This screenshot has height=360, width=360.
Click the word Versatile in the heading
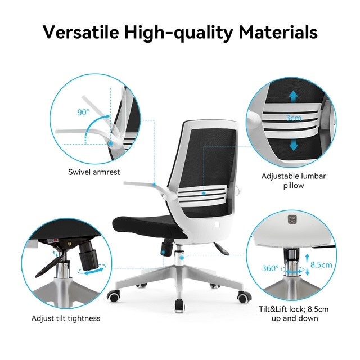pyautogui.click(x=81, y=32)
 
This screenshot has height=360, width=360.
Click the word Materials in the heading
pyautogui.click(x=278, y=32)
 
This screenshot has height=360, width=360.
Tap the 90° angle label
pyautogui.click(x=83, y=112)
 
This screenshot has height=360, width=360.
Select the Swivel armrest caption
pyautogui.click(x=94, y=172)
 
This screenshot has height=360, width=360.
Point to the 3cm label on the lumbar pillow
pyautogui.click(x=294, y=118)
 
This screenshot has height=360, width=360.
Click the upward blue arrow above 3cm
pyautogui.click(x=294, y=96)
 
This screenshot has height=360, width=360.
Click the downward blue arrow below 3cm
pyautogui.click(x=294, y=144)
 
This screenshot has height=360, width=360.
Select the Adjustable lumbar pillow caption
pyautogui.click(x=294, y=181)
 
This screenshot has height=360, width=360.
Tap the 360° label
pyautogui.click(x=270, y=268)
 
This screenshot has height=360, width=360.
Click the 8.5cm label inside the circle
pyautogui.click(x=321, y=265)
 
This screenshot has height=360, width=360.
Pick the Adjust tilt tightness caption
pyautogui.click(x=66, y=318)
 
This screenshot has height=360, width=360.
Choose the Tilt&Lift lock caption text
pyautogui.click(x=294, y=314)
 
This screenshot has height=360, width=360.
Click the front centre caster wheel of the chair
pyautogui.click(x=179, y=306)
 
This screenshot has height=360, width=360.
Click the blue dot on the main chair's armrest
pyautogui.click(x=155, y=184)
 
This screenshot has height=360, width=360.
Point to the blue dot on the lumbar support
pyautogui.click(x=204, y=193)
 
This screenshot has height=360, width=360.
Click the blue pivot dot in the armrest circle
pyautogui.click(x=111, y=144)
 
